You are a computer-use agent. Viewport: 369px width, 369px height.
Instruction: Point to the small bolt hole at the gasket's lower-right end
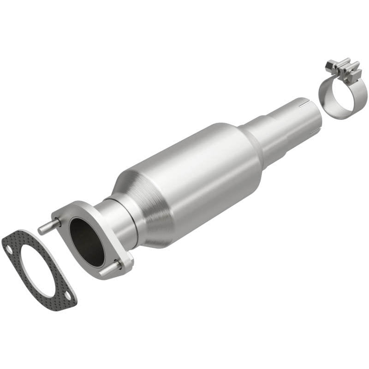67,295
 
